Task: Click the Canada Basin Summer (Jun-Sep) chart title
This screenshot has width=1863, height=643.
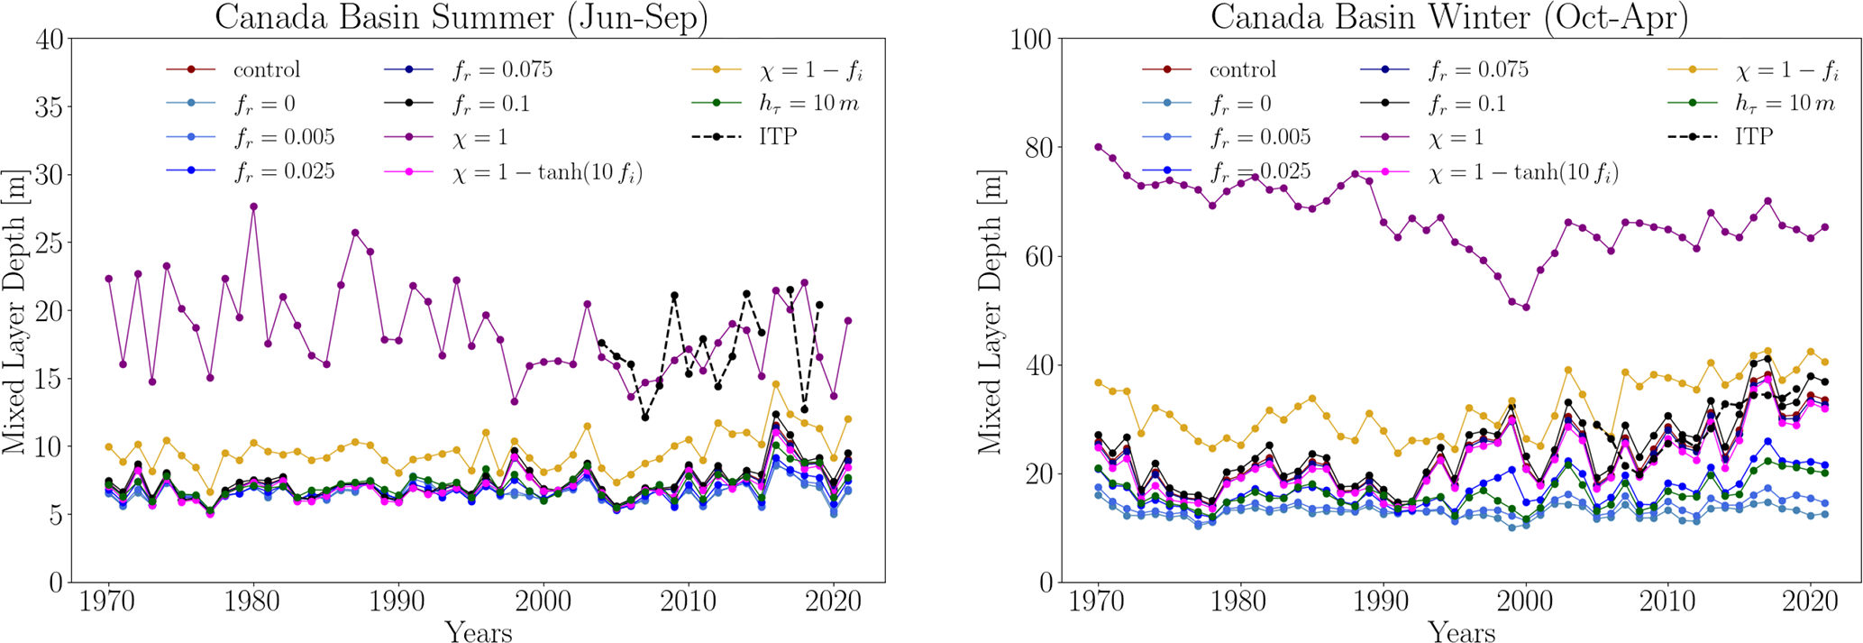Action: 461,18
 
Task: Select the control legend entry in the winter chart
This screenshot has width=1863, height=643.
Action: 1242,69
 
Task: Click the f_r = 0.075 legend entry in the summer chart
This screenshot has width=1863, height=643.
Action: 501,69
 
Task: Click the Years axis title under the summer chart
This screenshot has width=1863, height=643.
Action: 478,631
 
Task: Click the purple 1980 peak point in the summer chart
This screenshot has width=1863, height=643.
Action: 253,207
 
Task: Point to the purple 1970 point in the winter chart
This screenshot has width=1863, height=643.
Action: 1099,147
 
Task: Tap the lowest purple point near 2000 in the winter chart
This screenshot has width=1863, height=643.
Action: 1525,308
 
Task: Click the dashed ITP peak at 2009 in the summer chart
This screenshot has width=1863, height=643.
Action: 674,296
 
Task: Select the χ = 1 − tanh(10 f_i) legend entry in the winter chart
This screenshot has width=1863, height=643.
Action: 1523,171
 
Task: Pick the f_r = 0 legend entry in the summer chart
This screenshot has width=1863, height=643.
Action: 264,104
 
